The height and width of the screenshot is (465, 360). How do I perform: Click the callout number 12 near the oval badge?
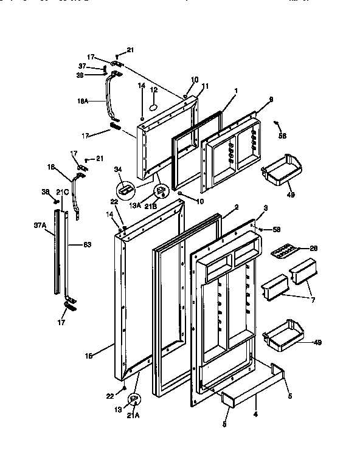[x=154, y=90]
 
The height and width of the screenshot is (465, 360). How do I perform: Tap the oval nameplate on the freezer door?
[x=153, y=106]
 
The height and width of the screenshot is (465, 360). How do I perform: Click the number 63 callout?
[x=87, y=245]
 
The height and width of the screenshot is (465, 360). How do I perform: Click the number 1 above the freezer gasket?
[x=235, y=91]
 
